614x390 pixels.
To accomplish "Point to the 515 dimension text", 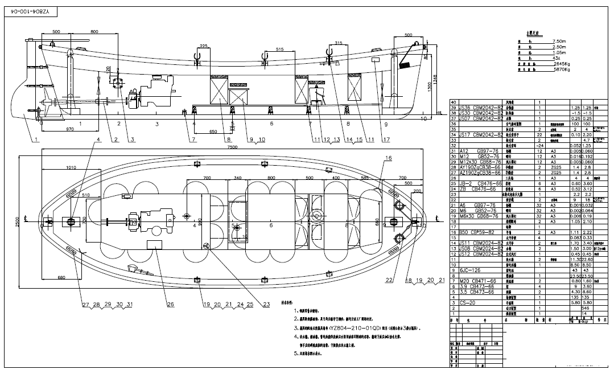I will point(279,50).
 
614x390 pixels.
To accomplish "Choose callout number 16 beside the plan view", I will point(388,157).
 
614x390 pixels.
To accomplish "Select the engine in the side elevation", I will point(153,94).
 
